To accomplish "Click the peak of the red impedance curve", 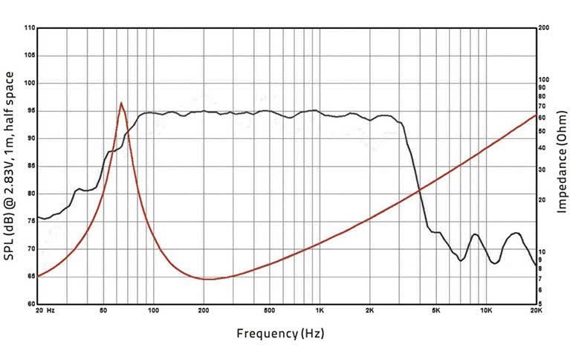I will [x=121, y=103].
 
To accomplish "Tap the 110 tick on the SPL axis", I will [x=30, y=28].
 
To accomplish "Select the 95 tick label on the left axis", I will [x=30, y=111].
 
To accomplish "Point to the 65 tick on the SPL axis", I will [x=30, y=276].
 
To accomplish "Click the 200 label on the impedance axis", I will [x=543, y=27].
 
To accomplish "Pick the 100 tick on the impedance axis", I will [x=543, y=79].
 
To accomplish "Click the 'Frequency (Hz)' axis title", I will [x=280, y=333].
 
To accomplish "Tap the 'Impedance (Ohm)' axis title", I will [x=562, y=165].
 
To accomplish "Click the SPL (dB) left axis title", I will [x=10, y=166].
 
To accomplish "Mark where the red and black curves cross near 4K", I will [x=420, y=190].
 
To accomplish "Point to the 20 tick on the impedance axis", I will [x=543, y=199].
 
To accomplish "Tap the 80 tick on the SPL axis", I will [x=30, y=193].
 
